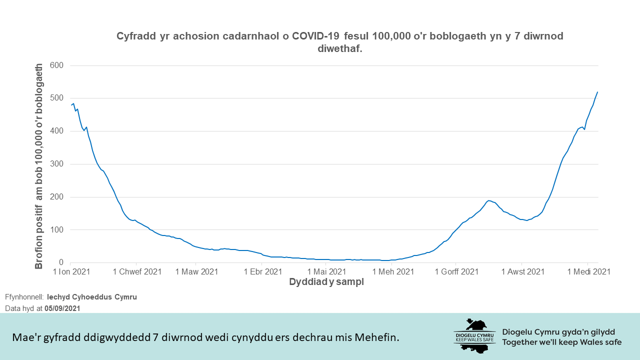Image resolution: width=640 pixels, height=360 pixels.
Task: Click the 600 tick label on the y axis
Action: click(56, 65)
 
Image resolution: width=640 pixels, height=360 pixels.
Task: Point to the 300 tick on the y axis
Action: click(56, 164)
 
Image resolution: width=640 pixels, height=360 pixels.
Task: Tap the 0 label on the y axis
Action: click(61, 262)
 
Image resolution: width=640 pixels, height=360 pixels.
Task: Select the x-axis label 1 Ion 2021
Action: click(71, 271)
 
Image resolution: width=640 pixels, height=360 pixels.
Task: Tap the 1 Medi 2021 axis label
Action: click(588, 271)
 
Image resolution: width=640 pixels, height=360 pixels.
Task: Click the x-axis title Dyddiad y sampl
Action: click(326, 282)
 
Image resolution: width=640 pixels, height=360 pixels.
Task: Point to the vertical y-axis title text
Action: click(39, 165)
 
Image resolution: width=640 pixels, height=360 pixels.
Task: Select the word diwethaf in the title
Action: click(339, 49)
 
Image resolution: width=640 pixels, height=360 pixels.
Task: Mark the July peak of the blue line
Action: click(489, 200)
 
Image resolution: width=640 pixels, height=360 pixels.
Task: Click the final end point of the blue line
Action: click(597, 92)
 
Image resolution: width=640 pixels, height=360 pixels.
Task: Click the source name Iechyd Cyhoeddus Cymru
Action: click(92, 297)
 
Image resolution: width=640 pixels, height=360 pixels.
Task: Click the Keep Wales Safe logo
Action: click(474, 335)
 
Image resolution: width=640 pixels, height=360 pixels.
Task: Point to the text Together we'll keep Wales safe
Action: click(562, 342)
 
